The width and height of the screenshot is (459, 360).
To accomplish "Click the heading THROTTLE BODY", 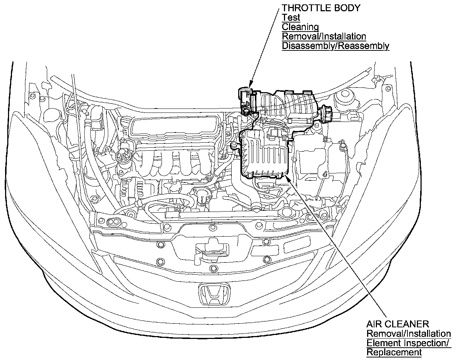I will click(x=321, y=8).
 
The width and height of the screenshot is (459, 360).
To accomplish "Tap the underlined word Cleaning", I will click(x=300, y=27).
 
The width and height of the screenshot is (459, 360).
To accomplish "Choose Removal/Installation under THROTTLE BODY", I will click(x=324, y=36).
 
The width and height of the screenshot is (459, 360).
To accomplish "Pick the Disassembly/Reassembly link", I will click(x=335, y=46).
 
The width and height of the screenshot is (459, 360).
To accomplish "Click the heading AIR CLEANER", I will click(x=398, y=324).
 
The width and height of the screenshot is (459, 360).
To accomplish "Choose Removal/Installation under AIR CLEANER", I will click(x=409, y=333).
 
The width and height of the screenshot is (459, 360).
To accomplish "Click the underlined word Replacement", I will click(x=394, y=352).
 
